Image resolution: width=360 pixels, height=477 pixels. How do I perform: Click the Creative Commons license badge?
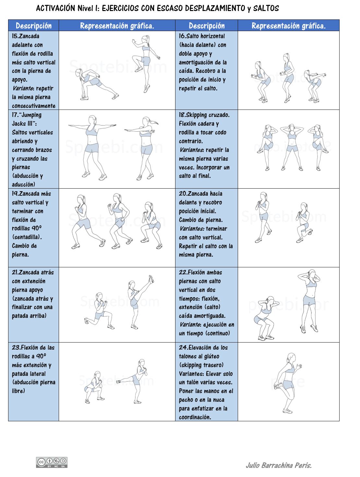52,462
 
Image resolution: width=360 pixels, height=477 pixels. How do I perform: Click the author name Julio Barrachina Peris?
279,465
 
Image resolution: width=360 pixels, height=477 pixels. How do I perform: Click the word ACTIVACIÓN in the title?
55,8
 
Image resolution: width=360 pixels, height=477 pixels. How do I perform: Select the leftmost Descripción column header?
33,26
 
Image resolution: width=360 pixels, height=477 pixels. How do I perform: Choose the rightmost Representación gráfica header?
288,26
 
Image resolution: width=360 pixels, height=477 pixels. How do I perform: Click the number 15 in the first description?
15,36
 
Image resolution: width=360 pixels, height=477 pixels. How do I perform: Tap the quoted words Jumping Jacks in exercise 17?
27,119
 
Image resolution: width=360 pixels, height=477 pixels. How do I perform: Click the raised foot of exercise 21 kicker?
151,279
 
